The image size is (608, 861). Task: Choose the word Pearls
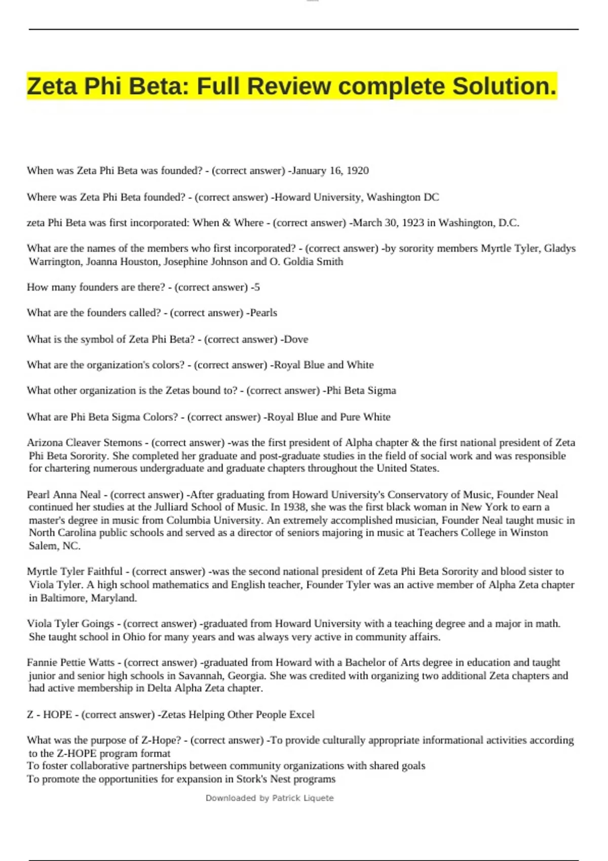[263, 313]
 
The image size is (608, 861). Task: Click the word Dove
[296, 339]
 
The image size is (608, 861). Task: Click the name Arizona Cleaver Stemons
[84, 443]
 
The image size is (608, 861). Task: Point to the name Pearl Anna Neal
[64, 494]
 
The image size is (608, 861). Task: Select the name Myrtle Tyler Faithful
[74, 571]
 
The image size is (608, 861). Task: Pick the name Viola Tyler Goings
[70, 623]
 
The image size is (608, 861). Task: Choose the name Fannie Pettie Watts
[70, 662]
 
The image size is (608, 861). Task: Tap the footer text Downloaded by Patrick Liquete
[270, 798]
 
